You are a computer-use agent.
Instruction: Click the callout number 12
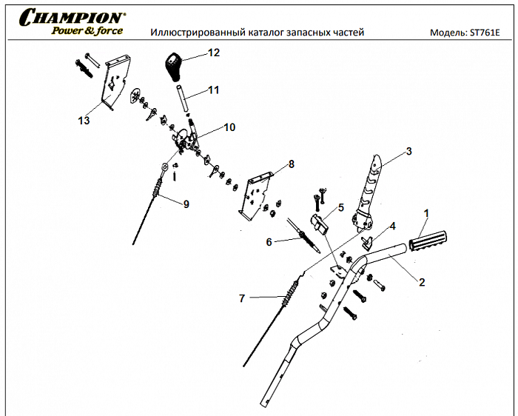(214, 53)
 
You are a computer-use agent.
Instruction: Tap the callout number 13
(84, 120)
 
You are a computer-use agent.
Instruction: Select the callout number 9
(186, 204)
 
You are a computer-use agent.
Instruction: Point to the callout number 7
(241, 298)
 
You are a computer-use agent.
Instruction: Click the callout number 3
(408, 152)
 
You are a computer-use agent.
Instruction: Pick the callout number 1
(426, 213)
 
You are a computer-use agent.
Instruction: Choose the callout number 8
(292, 164)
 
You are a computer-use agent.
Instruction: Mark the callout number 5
(341, 208)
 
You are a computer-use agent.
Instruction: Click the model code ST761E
(485, 33)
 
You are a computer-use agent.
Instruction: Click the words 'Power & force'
(86, 31)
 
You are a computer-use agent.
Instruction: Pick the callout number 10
(229, 127)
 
